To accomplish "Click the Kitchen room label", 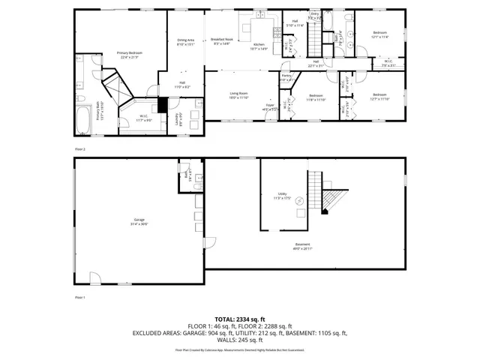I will point(259,46).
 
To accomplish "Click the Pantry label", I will point(286,76).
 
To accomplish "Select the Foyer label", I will point(269,106).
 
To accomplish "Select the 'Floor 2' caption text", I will point(80,149).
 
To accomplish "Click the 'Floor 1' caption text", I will point(80,298).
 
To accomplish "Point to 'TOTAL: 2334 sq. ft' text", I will point(239,319).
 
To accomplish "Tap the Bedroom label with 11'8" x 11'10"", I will point(316,97).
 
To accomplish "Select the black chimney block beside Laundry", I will point(163,106).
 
